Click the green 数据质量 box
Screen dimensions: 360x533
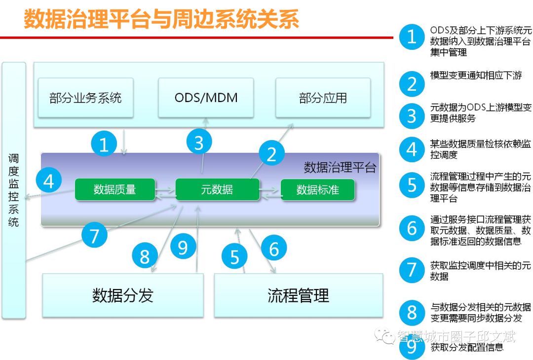point(115,189)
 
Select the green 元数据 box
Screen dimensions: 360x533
point(217,189)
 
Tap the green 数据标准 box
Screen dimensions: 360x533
point(317,189)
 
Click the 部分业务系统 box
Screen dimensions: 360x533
point(85,98)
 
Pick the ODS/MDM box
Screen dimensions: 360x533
point(206,98)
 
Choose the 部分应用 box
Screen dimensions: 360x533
point(323,98)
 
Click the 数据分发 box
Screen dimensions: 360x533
point(122,295)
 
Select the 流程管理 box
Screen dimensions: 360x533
point(298,295)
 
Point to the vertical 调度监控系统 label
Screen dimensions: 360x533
point(13,190)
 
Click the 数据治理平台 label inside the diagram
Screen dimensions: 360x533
point(340,168)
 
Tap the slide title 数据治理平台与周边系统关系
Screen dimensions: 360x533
point(161,20)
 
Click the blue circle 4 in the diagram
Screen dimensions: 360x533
point(48,182)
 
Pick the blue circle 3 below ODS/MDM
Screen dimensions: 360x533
point(199,143)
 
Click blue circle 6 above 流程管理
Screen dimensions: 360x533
point(274,249)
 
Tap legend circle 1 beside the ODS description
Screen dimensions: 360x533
point(412,37)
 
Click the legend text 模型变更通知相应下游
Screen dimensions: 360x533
point(476,75)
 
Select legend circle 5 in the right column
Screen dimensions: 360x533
point(412,185)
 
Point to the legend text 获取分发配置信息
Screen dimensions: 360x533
point(467,347)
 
